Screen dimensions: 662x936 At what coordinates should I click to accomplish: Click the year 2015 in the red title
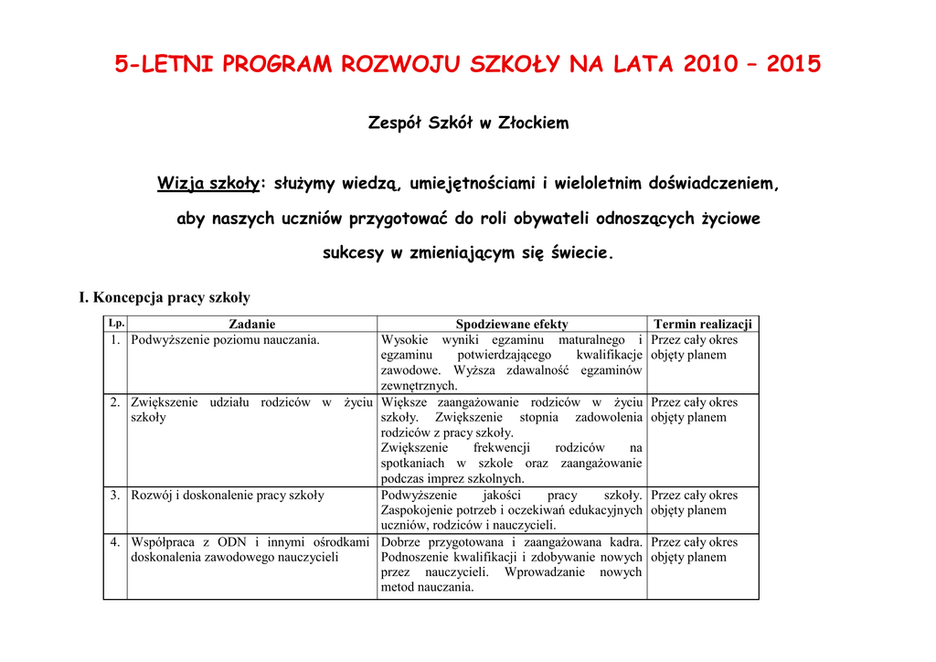click(x=793, y=65)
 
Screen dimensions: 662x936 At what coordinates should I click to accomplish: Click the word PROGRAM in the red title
click(x=278, y=65)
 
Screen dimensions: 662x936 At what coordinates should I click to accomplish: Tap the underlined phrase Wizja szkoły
click(x=207, y=184)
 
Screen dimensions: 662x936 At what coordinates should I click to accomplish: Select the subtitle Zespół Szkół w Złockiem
click(x=467, y=123)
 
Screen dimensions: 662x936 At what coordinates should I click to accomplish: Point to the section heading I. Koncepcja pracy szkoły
click(x=165, y=297)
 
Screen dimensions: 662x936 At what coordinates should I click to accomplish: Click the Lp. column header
click(x=115, y=323)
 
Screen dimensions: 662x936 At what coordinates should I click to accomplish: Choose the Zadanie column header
click(x=251, y=324)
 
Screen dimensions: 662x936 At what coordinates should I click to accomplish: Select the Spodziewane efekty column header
click(x=511, y=324)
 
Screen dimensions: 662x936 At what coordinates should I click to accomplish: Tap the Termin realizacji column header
click(x=702, y=324)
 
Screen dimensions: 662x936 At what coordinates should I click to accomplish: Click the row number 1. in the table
click(x=115, y=340)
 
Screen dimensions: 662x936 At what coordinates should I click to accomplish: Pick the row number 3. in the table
click(x=115, y=496)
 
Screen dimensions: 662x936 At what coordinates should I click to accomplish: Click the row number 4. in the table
click(x=115, y=542)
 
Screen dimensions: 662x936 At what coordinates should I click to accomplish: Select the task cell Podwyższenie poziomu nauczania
click(x=226, y=340)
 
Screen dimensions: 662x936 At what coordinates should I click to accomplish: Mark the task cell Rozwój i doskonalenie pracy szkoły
click(x=228, y=496)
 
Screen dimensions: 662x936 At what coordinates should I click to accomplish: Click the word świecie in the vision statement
click(x=580, y=253)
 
